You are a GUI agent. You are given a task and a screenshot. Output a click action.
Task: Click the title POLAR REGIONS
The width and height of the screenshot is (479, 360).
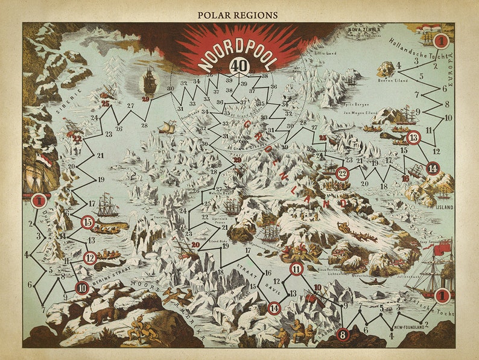coord(239,14)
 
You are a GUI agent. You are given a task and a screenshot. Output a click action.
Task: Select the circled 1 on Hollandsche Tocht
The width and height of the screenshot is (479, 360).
coord(442,40)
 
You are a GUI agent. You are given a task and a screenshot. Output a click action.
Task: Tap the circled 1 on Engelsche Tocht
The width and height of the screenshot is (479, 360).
coord(442,295)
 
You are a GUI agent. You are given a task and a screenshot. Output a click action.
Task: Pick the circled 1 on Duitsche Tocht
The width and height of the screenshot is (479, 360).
coord(39,200)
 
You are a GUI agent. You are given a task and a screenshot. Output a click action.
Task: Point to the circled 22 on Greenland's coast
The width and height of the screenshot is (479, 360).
coord(343,174)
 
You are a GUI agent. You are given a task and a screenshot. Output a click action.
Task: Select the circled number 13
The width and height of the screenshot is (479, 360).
coord(413,137)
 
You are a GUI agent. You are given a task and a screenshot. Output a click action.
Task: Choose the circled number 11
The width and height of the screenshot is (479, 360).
coord(296,269)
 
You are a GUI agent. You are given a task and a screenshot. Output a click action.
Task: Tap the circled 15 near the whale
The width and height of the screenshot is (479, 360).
coord(88,223)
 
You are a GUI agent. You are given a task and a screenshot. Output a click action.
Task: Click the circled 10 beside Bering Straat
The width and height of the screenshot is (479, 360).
coord(82,288)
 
